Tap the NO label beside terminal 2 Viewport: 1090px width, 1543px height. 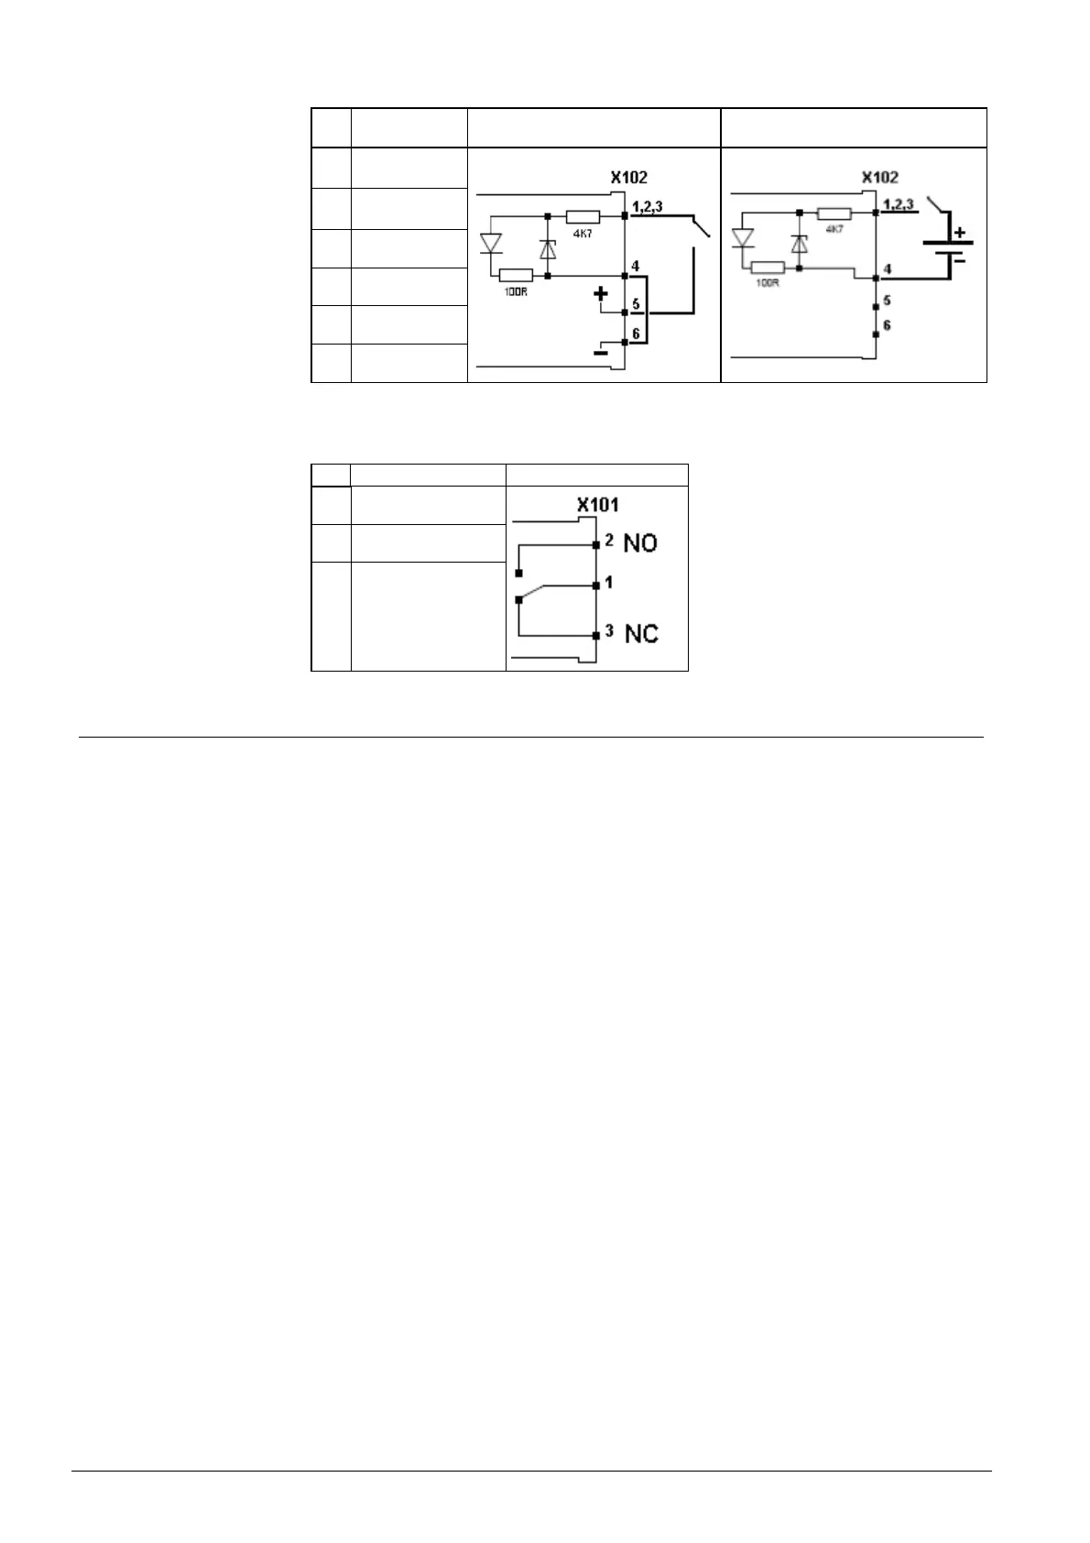coord(640,543)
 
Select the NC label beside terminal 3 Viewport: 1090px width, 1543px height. coord(641,633)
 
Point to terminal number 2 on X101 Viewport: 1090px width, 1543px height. coord(609,540)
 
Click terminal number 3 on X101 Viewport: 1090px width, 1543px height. coord(609,629)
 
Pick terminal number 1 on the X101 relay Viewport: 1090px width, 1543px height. coord(609,583)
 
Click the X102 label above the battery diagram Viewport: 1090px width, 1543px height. coord(879,177)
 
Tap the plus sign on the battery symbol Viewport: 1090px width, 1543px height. coord(959,233)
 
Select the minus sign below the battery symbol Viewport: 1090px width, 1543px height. coord(959,259)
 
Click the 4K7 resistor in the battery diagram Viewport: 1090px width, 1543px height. coord(834,213)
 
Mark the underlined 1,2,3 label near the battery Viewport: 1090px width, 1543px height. coord(897,202)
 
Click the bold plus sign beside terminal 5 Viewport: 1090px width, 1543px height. coord(601,294)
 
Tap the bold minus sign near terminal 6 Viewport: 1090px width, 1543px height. coord(601,351)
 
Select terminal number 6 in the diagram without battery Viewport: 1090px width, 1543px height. coord(636,334)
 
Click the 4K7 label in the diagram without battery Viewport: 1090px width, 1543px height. coord(582,233)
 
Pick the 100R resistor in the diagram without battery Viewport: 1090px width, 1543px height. coord(516,275)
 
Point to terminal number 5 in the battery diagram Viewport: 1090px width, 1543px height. coord(887,301)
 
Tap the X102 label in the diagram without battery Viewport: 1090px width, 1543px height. coord(628,177)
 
